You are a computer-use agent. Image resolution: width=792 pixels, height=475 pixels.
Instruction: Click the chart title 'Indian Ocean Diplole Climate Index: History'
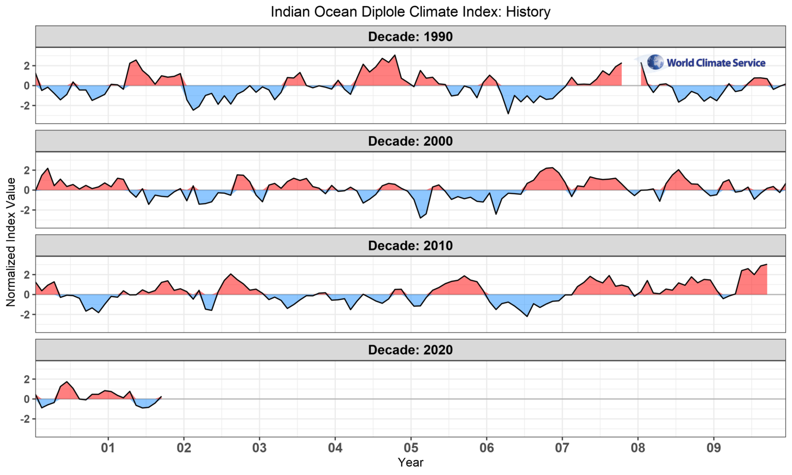tap(410, 11)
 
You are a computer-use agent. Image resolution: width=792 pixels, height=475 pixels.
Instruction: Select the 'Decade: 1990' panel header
tap(410, 37)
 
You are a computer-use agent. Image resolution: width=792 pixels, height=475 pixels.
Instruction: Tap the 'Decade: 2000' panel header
tap(410, 141)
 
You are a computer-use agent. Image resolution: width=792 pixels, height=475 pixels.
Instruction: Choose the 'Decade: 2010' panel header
tap(410, 246)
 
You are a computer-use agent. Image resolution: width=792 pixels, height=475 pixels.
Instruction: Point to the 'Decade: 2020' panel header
tap(410, 350)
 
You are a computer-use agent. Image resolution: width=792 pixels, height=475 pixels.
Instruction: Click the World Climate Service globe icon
tap(655, 62)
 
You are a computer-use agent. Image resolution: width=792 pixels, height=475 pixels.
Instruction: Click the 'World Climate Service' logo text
tap(716, 63)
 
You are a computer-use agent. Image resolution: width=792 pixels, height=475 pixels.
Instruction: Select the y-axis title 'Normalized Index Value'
tap(11, 242)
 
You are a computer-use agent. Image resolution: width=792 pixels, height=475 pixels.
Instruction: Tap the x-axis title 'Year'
tap(410, 463)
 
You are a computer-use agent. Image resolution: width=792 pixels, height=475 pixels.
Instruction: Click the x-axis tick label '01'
tap(108, 447)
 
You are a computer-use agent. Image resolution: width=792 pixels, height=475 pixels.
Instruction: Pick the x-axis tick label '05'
tap(411, 447)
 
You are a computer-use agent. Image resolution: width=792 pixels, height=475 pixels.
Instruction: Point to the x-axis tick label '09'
tap(714, 447)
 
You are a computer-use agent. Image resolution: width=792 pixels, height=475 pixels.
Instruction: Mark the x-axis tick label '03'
tap(259, 447)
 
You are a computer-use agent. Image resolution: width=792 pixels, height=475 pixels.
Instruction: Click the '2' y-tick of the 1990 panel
tap(26, 65)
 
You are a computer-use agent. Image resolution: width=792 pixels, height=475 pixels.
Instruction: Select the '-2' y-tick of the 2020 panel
tap(24, 419)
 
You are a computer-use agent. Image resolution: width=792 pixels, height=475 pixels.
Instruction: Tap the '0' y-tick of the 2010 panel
tap(26, 295)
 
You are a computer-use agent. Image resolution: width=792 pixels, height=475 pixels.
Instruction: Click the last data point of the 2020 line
tap(161, 397)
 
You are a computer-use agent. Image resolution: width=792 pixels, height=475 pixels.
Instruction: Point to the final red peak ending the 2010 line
tap(767, 264)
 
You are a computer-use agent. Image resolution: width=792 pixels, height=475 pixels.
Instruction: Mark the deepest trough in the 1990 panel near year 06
tap(508, 113)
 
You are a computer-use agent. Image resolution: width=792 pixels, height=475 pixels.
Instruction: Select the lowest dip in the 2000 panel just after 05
tap(420, 218)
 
